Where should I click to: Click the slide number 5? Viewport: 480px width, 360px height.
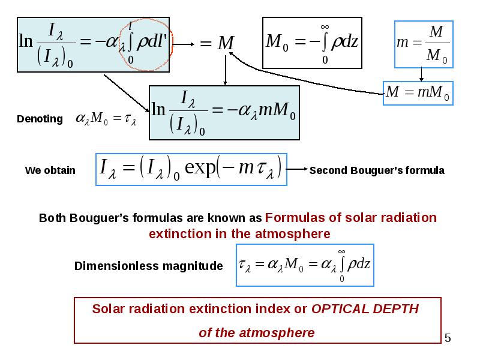[x=448, y=338]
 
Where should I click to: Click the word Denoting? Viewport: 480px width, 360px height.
[x=40, y=119]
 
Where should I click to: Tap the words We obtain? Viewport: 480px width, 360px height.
[x=50, y=170]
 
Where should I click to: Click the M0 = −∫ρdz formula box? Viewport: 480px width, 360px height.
[x=312, y=43]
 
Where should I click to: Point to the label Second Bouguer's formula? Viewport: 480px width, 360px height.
[x=377, y=170]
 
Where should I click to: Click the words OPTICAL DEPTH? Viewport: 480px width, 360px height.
[x=365, y=309]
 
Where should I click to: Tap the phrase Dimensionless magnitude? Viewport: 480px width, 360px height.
[x=148, y=266]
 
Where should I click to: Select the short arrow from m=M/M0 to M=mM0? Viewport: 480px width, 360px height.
[x=421, y=74]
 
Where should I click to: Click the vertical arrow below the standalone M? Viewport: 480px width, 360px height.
[x=226, y=70]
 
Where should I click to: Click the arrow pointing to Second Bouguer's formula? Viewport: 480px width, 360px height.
[x=297, y=169]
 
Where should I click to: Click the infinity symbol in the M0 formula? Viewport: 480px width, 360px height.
[x=325, y=27]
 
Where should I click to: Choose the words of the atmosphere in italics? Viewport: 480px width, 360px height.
[x=257, y=333]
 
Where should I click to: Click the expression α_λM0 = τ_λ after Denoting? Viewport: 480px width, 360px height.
[x=106, y=119]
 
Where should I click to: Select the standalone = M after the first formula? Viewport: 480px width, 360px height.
[x=217, y=43]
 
